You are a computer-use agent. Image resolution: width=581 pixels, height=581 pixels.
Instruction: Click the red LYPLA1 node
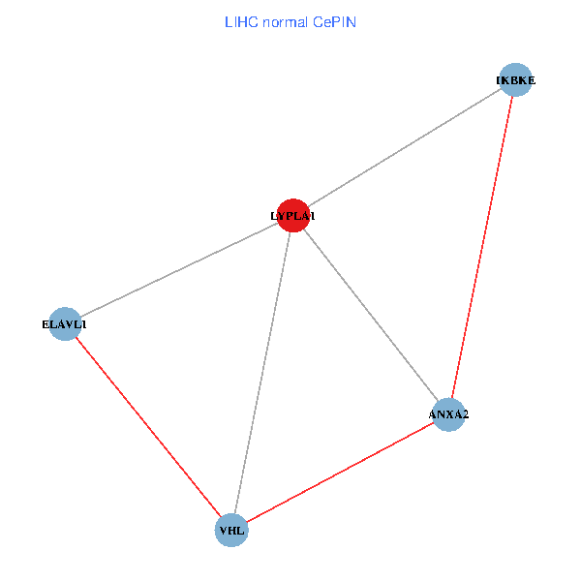293,215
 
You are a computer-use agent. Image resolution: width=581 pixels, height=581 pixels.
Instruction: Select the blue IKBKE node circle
515,79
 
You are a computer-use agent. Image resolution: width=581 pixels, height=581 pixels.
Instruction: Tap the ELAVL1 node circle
65,323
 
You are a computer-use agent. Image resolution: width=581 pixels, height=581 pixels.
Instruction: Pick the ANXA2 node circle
448,414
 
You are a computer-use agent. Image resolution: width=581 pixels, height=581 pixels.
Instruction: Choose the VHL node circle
231,531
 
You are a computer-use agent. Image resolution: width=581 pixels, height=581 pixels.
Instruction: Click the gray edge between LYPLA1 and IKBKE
404,147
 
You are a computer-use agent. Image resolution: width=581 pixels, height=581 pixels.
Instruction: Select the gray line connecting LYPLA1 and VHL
262,373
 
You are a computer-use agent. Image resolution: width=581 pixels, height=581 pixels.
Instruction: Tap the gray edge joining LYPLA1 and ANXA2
371,315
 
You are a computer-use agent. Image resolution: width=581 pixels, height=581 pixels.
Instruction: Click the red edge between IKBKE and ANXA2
481,247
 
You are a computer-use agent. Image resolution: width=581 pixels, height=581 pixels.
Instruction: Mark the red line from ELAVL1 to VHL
148,427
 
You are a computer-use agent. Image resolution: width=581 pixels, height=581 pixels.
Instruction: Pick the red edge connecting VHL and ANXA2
340,473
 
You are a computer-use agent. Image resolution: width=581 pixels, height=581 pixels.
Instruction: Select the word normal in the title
285,22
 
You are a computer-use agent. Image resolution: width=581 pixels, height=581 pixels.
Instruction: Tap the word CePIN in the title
334,22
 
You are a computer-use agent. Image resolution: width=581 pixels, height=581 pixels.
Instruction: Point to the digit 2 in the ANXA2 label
465,414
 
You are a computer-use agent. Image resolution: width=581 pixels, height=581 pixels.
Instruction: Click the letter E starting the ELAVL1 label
46,324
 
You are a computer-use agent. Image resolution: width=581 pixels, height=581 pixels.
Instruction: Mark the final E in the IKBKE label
532,80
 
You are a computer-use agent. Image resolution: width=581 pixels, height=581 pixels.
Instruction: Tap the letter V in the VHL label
224,531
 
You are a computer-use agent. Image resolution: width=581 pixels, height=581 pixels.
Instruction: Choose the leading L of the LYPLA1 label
273,216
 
